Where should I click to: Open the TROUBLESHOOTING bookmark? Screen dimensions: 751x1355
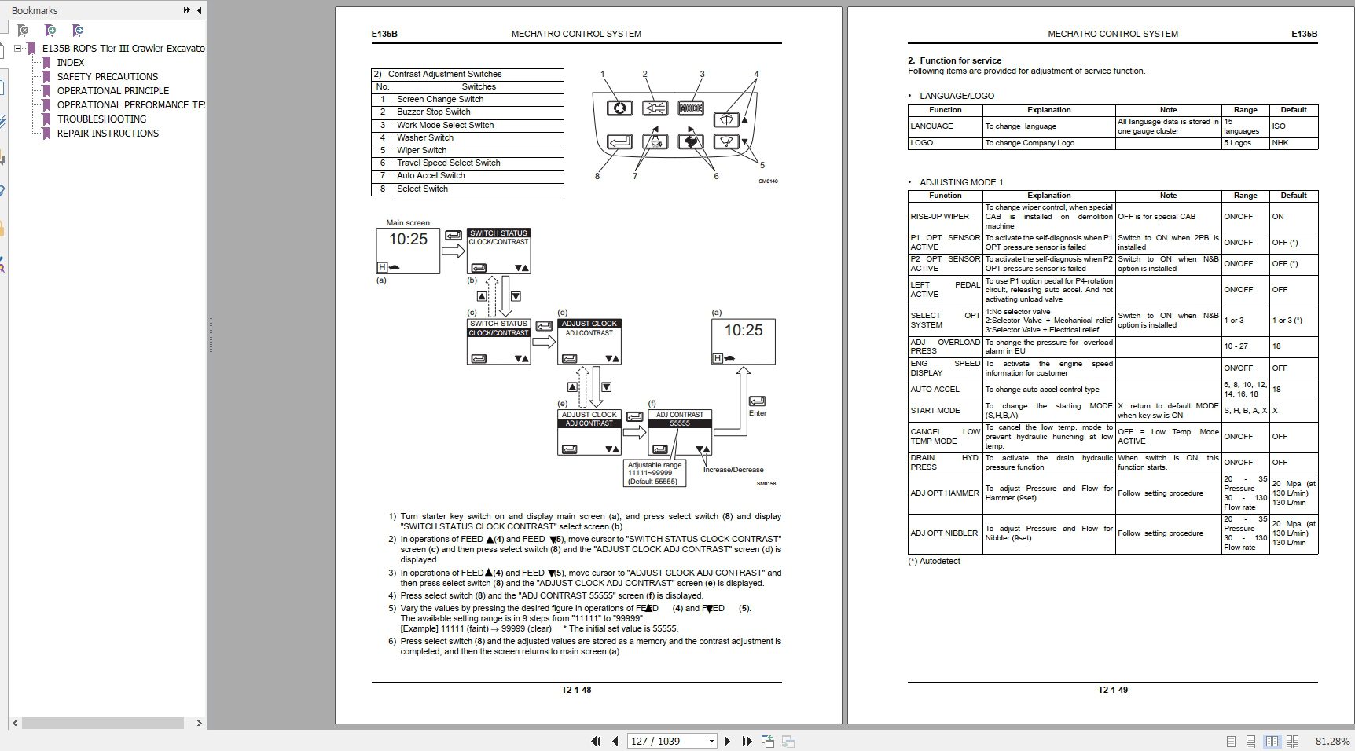coord(101,119)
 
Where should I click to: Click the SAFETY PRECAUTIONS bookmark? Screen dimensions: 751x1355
coord(107,77)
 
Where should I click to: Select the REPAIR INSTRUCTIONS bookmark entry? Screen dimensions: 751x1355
coord(108,134)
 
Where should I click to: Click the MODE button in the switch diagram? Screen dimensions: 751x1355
coord(690,108)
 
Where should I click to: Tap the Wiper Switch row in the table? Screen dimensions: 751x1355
coord(421,150)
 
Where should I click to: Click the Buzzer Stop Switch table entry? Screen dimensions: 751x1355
coord(433,112)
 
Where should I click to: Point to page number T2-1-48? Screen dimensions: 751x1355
coord(576,690)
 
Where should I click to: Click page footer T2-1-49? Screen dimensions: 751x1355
coord(1112,690)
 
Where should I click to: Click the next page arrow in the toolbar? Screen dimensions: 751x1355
coord(727,741)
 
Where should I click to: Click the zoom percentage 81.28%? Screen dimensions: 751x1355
coord(1333,741)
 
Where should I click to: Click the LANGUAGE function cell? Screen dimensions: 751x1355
coord(931,126)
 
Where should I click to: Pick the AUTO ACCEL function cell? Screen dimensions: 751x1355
coord(935,390)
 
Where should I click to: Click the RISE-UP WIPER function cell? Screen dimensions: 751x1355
coord(939,217)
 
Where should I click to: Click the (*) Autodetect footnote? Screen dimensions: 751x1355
coord(934,561)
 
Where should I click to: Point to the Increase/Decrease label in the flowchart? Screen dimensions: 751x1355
coord(733,470)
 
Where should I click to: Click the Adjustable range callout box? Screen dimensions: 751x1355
coord(654,473)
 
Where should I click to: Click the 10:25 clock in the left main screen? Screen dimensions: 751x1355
coord(408,239)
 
